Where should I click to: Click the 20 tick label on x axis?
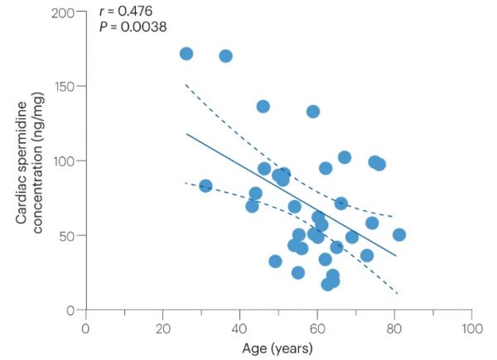(x=162, y=327)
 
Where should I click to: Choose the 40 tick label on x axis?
(x=239, y=327)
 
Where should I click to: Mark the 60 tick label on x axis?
(x=317, y=327)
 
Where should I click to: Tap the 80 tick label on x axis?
(x=394, y=327)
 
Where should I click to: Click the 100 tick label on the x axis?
(x=471, y=327)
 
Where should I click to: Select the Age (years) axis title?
(x=278, y=348)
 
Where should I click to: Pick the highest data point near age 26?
(x=186, y=54)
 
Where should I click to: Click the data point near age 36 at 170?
(x=225, y=56)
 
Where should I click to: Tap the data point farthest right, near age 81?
(x=399, y=234)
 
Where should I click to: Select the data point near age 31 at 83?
(x=205, y=186)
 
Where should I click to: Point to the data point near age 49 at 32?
(x=275, y=262)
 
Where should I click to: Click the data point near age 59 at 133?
(x=313, y=112)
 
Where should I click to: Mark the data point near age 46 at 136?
(x=263, y=107)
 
